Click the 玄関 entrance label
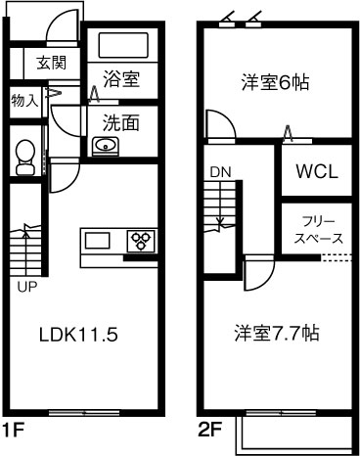pos(51,65)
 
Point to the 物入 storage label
pos(24,100)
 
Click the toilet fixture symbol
pos(25,155)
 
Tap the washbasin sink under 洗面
pos(105,147)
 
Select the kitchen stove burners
pos(141,240)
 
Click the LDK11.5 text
pos(78,334)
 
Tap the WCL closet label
pos(317,171)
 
